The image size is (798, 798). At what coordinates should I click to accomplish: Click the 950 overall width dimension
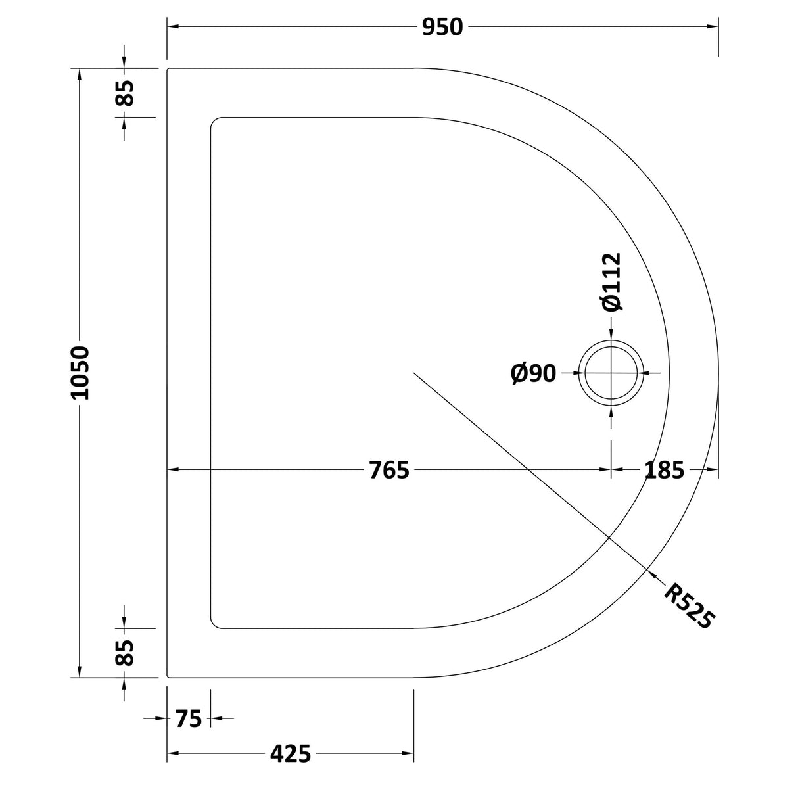442,27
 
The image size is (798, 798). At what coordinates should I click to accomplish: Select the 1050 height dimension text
80,373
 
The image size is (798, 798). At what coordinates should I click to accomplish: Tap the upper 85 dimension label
124,92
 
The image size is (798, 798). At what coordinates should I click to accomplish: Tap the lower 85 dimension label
124,653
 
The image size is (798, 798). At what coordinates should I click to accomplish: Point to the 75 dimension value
189,719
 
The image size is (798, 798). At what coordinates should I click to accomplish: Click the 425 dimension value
290,753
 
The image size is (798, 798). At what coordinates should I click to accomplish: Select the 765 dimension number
388,470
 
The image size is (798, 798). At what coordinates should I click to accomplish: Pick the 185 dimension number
664,470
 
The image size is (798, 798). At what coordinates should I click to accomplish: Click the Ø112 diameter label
611,282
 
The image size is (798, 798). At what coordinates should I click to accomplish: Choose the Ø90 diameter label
533,373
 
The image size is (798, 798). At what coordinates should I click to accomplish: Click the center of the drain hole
611,373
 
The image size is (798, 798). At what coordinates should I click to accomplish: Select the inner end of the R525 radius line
413,373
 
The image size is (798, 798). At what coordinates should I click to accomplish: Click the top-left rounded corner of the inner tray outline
214,122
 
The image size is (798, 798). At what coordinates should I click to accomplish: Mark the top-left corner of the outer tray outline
169,69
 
